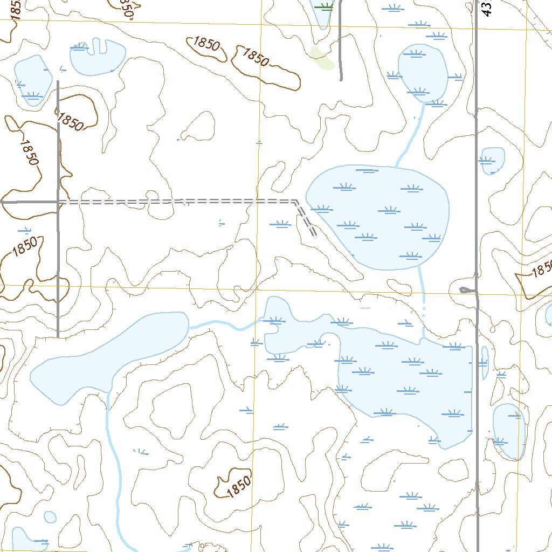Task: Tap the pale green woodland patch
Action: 322,58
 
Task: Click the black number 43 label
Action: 487,8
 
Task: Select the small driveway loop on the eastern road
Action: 466,290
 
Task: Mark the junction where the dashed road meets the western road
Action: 58,202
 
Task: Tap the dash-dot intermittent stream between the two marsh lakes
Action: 424,313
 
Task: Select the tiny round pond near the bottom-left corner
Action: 50,517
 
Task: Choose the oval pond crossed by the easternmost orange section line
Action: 508,431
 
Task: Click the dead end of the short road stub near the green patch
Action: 341,80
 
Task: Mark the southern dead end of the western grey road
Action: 58,336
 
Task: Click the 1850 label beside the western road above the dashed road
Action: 71,121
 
